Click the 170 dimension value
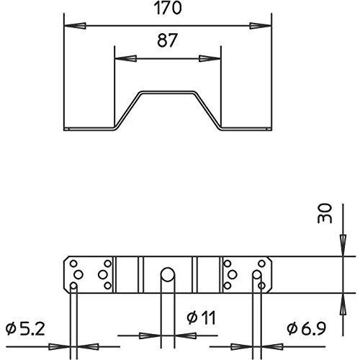tap(168, 8)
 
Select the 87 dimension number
tap(167, 40)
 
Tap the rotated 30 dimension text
tap(325, 214)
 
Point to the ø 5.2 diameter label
tap(25, 329)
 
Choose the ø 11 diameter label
tap(202, 318)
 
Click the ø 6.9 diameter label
tap(307, 328)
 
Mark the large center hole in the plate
tap(168, 274)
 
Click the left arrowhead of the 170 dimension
tap(75, 26)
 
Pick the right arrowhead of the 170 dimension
tap(260, 26)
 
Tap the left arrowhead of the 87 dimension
tap(126, 58)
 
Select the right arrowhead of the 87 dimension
tap(210, 58)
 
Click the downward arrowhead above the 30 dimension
tap(343, 246)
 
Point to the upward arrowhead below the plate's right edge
tap(343, 304)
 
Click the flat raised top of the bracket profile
tap(167, 92)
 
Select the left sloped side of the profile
tap(127, 111)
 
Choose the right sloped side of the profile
tap(207, 111)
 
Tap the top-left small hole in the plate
tap(73, 264)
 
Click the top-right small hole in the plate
tap(261, 264)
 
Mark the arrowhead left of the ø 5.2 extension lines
tap(59, 346)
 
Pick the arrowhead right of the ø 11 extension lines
tap(186, 336)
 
